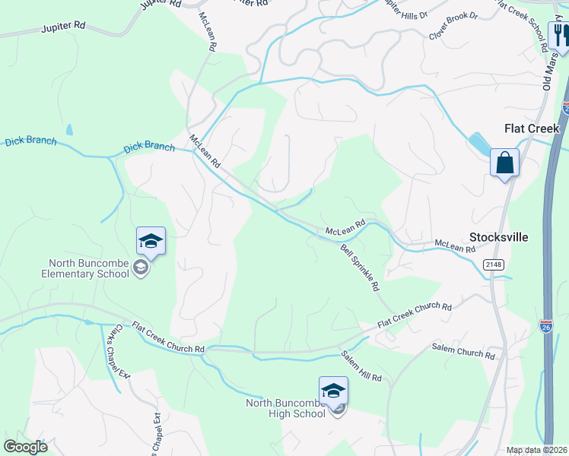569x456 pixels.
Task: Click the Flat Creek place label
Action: click(532, 128)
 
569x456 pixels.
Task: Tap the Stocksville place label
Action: click(499, 236)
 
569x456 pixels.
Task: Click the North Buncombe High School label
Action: click(285, 408)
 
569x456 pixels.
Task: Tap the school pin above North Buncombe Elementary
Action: click(151, 242)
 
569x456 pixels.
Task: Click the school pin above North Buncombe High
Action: click(333, 391)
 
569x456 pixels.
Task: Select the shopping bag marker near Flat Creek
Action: click(504, 163)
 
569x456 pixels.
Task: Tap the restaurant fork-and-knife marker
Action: click(561, 35)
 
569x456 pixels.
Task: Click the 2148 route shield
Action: click(492, 264)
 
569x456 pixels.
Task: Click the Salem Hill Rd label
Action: click(361, 367)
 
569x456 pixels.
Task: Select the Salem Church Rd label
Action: click(463, 351)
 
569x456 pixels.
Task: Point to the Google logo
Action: click(26, 447)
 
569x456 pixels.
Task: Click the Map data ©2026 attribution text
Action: click(536, 450)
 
